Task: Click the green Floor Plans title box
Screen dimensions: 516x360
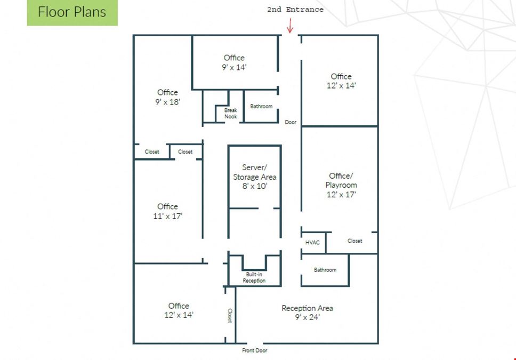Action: (x=72, y=12)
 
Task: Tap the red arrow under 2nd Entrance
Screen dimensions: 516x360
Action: (x=290, y=26)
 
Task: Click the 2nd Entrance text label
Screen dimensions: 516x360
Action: (x=295, y=10)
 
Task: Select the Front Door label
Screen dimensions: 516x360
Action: (x=255, y=350)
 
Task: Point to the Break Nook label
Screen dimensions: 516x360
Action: (x=231, y=113)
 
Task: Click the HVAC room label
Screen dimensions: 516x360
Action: (x=312, y=243)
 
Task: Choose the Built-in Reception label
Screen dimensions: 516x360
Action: (x=254, y=277)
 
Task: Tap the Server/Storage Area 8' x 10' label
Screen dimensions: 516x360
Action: (x=255, y=177)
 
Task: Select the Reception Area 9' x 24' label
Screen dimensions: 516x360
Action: (x=308, y=313)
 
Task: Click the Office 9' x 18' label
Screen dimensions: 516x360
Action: (x=167, y=97)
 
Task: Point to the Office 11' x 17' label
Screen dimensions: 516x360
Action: (x=167, y=211)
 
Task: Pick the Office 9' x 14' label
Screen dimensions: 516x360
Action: (x=234, y=62)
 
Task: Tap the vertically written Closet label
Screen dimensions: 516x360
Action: (x=230, y=316)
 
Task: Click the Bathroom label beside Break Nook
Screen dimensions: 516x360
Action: (x=261, y=106)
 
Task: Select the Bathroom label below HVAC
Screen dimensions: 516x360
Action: (x=325, y=270)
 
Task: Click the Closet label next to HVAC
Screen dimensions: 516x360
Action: (x=355, y=241)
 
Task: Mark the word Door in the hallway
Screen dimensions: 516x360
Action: (x=291, y=122)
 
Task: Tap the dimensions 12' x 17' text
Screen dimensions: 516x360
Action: (x=341, y=195)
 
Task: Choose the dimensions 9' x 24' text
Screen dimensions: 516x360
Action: (x=308, y=317)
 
